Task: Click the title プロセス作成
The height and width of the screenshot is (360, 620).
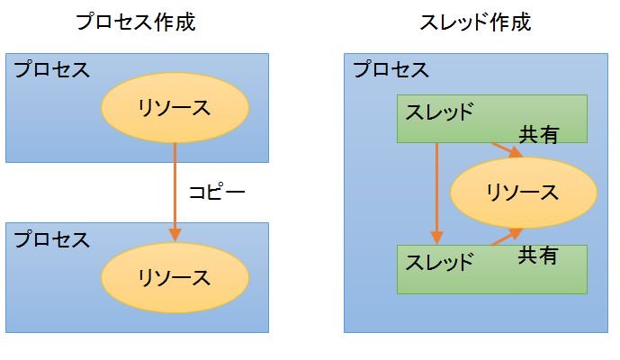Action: coord(136,22)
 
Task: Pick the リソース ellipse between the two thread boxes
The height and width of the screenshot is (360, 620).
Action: coord(522,192)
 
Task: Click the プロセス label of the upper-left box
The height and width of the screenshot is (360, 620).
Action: coord(51,70)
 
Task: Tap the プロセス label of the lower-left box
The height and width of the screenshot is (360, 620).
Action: coord(51,239)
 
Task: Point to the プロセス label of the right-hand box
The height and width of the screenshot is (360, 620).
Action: coord(391,69)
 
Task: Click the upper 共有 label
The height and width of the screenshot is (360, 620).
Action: coord(538,135)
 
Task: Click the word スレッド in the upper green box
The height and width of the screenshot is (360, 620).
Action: coord(439,113)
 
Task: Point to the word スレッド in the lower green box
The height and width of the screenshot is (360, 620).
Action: coord(439,264)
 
